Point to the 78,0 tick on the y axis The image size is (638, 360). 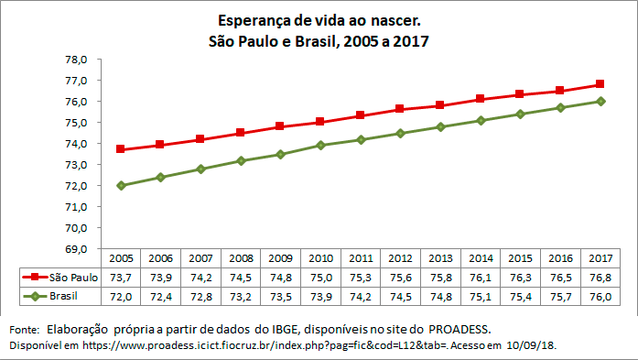click(x=74, y=60)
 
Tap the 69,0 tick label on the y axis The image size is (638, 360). click(x=74, y=249)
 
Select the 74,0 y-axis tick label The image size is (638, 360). click(x=74, y=144)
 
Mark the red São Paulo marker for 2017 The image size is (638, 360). click(x=600, y=84)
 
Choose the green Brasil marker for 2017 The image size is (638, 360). click(x=600, y=101)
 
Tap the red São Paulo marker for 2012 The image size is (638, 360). click(x=399, y=109)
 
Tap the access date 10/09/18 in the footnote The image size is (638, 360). click(x=528, y=344)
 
